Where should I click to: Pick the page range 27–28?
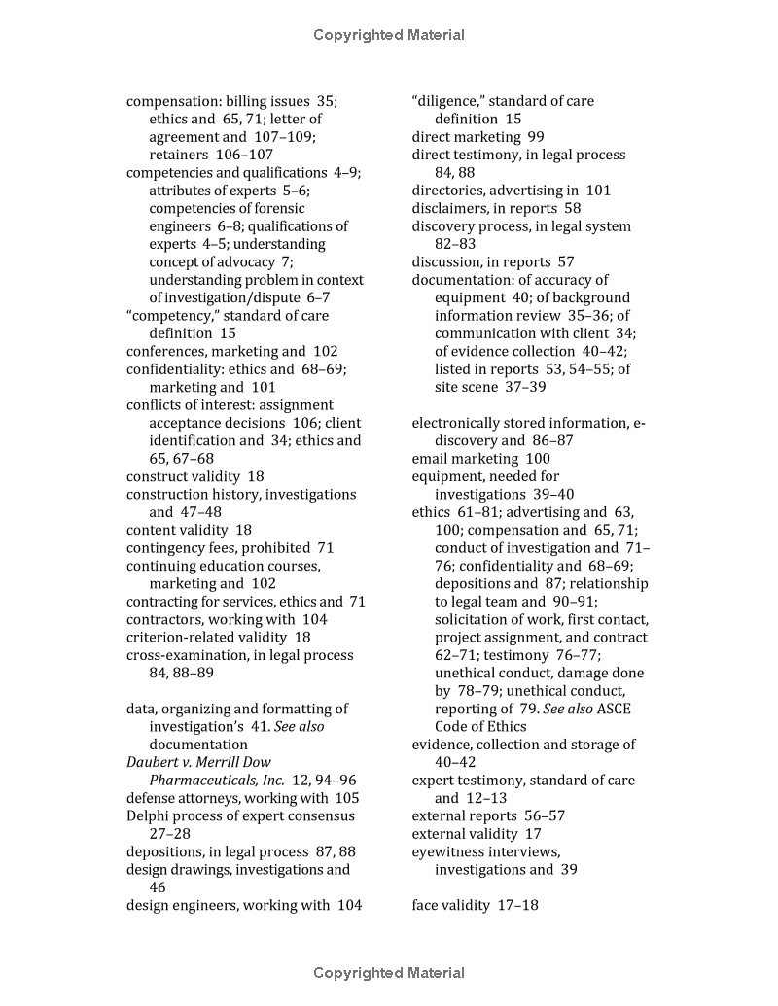click(x=170, y=835)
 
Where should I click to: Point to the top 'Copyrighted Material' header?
click(x=389, y=35)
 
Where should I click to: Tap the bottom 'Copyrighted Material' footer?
click(x=389, y=973)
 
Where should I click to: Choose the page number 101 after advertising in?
click(x=598, y=191)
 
